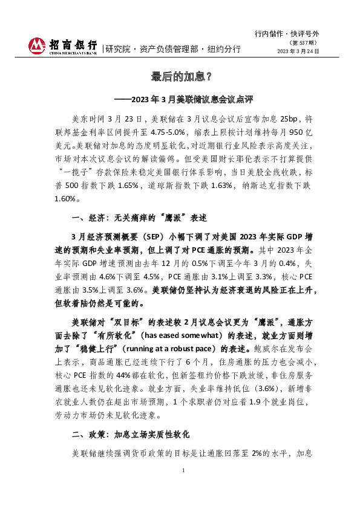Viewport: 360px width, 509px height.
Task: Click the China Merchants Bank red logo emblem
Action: tap(38, 45)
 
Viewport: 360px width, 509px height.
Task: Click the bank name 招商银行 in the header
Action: tap(73, 44)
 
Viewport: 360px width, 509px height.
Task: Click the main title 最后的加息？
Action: tap(180, 77)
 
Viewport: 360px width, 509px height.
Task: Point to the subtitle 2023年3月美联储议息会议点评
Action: tap(185, 98)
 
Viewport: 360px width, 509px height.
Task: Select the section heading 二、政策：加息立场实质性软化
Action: tap(131, 434)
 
